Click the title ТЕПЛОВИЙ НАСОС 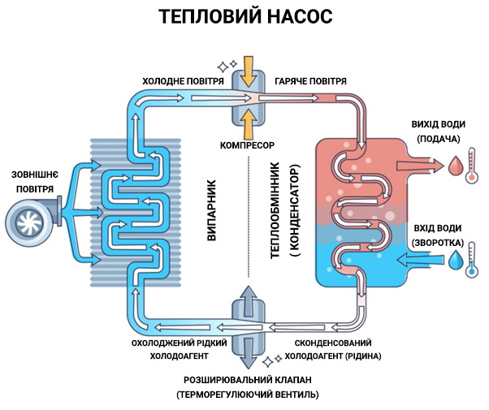[244, 17]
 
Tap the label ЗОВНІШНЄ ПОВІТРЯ [32, 182]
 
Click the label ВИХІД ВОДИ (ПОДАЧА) [439, 132]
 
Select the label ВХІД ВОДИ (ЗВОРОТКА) [439, 234]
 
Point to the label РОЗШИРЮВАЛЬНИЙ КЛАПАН [247, 379]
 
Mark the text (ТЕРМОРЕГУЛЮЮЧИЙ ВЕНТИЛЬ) [247, 395]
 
